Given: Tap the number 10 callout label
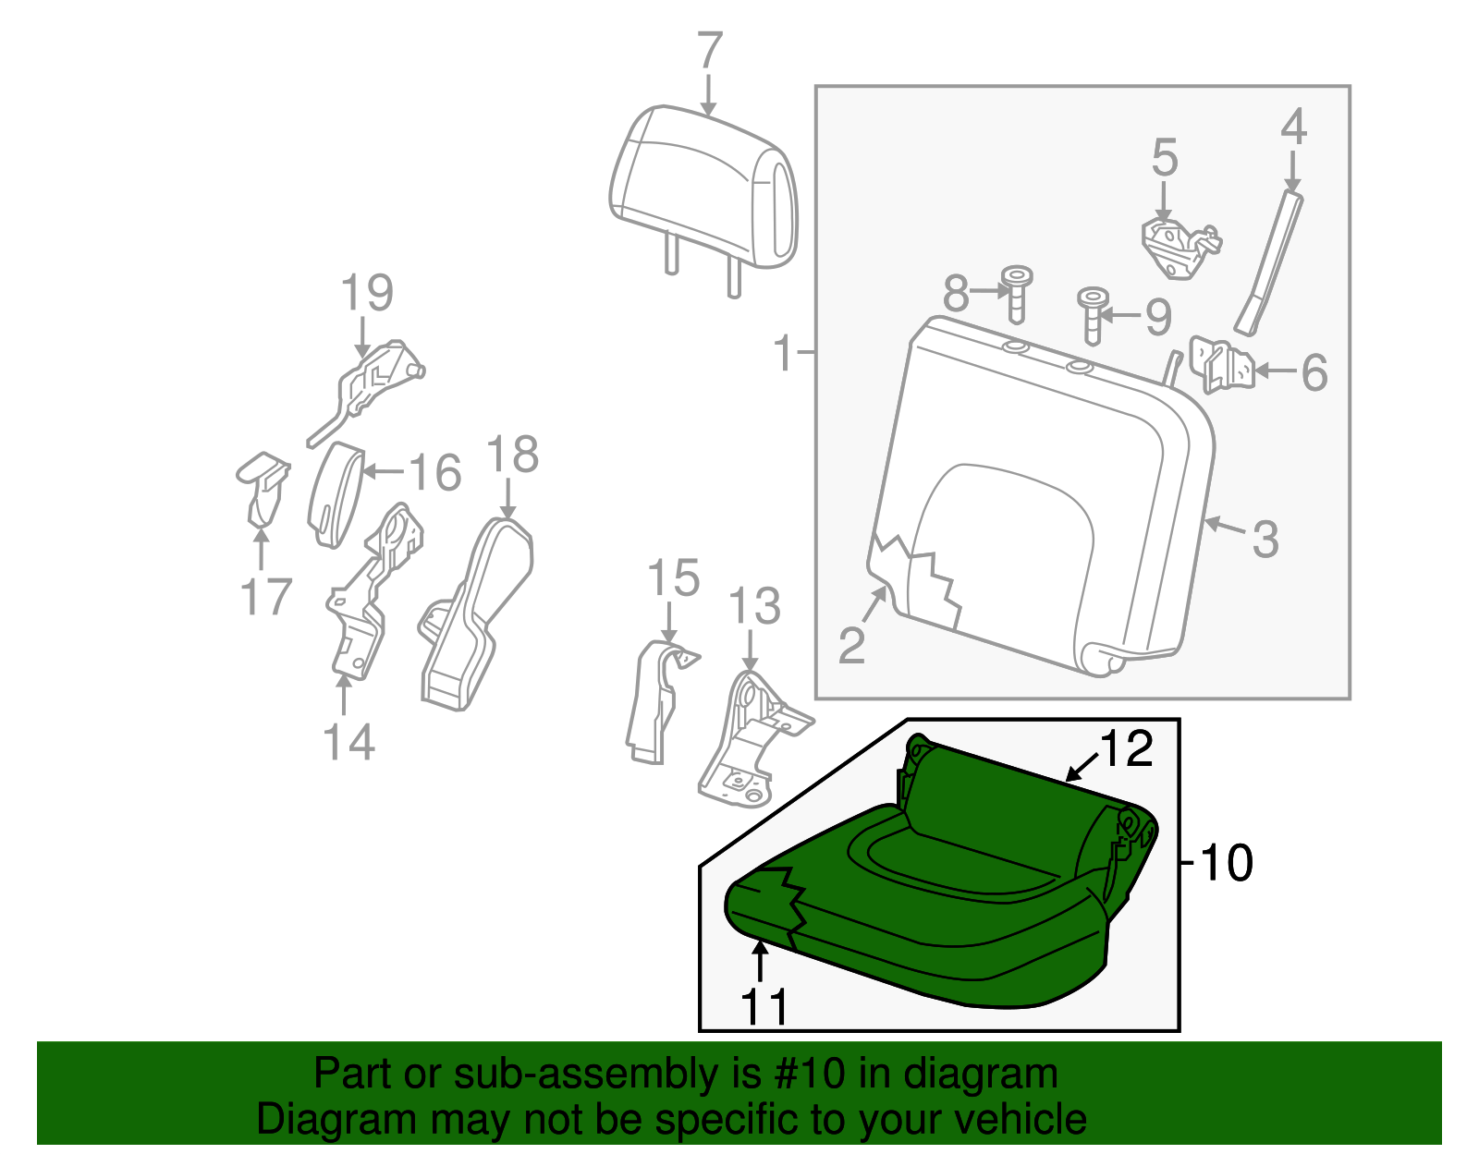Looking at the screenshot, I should tap(1226, 863).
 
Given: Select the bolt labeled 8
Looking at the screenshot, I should tap(1017, 294).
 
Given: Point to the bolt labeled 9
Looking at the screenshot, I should tap(1092, 314).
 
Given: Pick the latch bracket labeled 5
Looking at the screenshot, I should tap(1180, 246).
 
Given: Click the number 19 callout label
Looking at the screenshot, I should tap(367, 293).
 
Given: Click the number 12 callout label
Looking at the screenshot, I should tap(1127, 748).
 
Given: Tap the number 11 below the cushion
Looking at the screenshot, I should tap(766, 1007).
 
